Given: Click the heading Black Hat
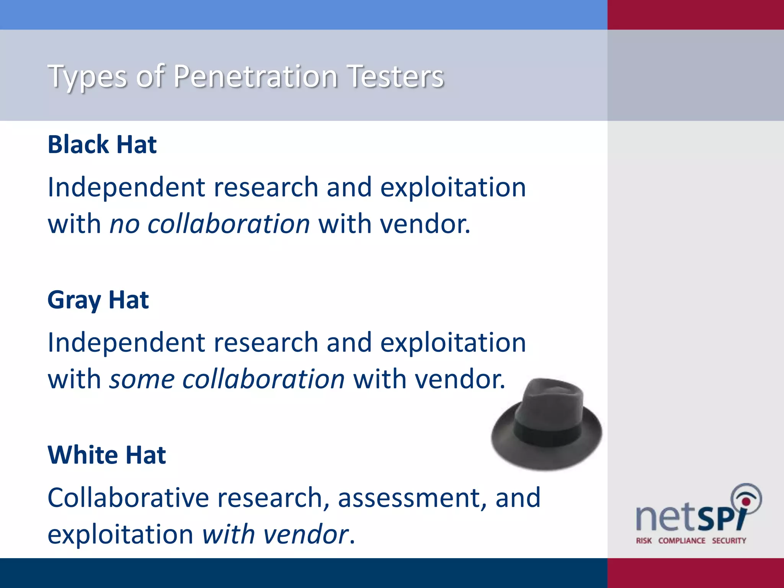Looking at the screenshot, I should [102, 145].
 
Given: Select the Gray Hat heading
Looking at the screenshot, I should [98, 300].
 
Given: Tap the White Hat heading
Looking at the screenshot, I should [106, 455].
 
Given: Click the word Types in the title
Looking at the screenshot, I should [87, 77].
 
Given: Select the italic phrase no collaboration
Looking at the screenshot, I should [209, 224].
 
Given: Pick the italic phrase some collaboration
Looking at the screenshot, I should [227, 379].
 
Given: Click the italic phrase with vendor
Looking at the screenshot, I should [275, 534].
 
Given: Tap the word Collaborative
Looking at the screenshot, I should [128, 498].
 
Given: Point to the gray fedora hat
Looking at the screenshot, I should [547, 425].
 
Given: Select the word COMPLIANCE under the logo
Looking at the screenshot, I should [681, 541].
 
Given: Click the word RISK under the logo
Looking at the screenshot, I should [644, 541].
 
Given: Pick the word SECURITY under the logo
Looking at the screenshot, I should [729, 541].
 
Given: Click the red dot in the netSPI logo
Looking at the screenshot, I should [746, 502].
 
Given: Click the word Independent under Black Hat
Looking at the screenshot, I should [126, 188].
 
